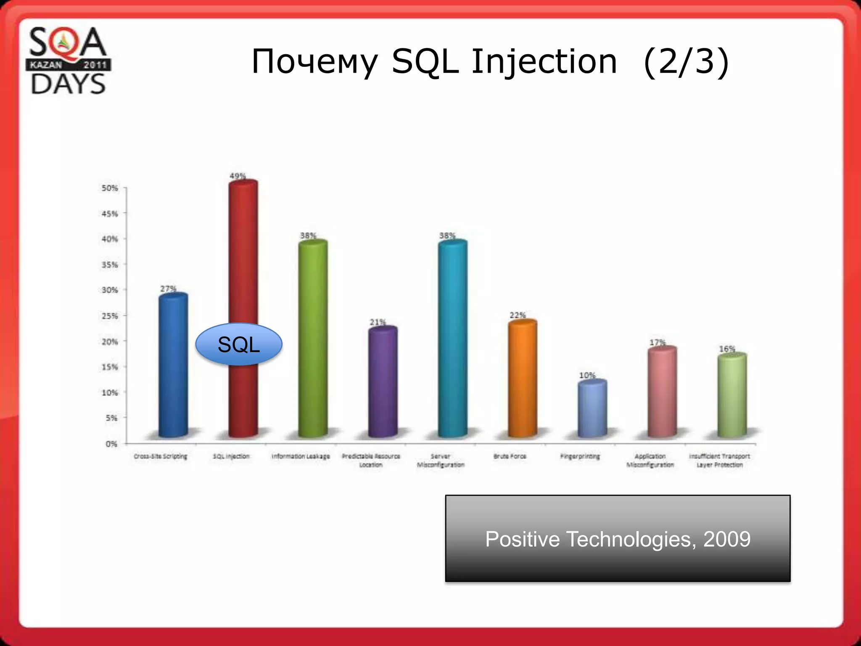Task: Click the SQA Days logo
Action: click(68, 61)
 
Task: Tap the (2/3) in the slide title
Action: click(686, 62)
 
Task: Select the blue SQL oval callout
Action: click(239, 344)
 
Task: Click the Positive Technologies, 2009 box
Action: click(618, 539)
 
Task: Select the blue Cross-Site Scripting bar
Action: click(173, 366)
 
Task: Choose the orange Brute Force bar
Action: click(522, 379)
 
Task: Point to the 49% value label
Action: click(238, 176)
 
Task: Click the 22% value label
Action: click(518, 315)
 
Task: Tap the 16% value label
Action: click(727, 349)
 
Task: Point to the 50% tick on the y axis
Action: click(110, 188)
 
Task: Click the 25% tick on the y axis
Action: click(110, 316)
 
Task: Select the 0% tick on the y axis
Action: click(111, 444)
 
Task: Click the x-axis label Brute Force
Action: click(510, 456)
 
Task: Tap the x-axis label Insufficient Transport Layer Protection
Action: click(719, 461)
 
